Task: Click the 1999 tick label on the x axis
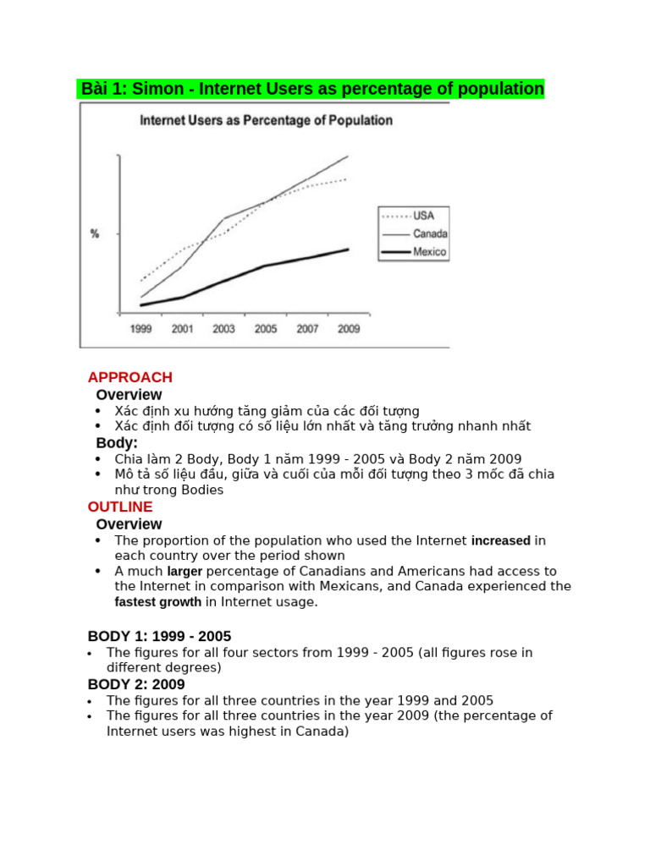(x=141, y=329)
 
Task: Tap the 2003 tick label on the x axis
(x=224, y=329)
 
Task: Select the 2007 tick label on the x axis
(x=307, y=329)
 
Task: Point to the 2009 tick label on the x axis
(x=348, y=329)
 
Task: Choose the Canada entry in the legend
(x=430, y=234)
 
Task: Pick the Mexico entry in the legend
(x=429, y=252)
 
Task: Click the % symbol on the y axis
(x=95, y=233)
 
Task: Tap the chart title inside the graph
(x=266, y=121)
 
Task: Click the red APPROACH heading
(x=130, y=377)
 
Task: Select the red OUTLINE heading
(x=120, y=507)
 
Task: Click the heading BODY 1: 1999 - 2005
(x=159, y=636)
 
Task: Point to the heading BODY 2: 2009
(x=136, y=684)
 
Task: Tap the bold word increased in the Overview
(x=500, y=540)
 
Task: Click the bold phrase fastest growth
(x=157, y=602)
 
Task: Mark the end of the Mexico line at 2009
(x=348, y=249)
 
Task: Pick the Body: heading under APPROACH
(x=117, y=442)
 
